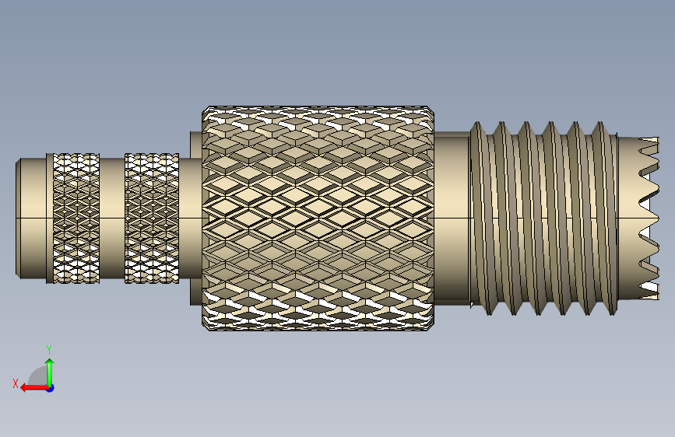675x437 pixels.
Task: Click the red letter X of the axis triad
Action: pyautogui.click(x=16, y=383)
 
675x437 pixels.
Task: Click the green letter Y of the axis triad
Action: pyautogui.click(x=49, y=349)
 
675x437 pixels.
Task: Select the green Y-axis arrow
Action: pyautogui.click(x=50, y=372)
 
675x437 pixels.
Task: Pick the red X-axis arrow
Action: pyautogui.click(x=35, y=388)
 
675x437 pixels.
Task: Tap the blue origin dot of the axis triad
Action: pyautogui.click(x=51, y=388)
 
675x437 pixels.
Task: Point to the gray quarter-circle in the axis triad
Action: pyautogui.click(x=38, y=376)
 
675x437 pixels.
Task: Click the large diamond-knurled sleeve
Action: pyautogui.click(x=318, y=218)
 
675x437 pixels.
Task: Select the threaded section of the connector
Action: pyautogui.click(x=543, y=218)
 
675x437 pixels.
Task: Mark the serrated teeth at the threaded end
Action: pyautogui.click(x=649, y=218)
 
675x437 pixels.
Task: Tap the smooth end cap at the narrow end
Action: pyautogui.click(x=30, y=218)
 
